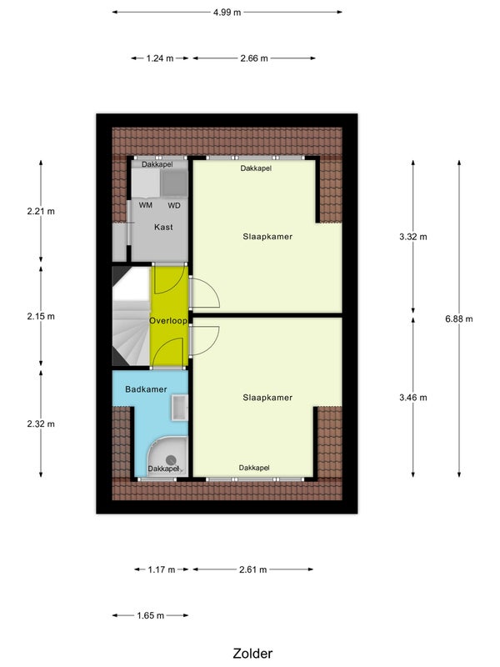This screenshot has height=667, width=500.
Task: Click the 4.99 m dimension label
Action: [227, 13]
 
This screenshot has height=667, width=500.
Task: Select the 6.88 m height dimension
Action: [459, 318]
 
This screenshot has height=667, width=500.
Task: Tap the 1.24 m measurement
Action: [160, 58]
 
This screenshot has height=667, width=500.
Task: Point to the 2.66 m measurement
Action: [254, 58]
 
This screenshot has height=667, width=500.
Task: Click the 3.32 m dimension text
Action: [412, 237]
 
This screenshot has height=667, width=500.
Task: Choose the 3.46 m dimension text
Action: [412, 398]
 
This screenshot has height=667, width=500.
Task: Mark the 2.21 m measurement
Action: [41, 212]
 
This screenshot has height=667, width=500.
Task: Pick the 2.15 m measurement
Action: [41, 317]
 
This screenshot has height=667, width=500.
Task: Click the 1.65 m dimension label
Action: [151, 615]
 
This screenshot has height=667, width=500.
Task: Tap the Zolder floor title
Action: [252, 654]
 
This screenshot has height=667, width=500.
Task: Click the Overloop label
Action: [168, 321]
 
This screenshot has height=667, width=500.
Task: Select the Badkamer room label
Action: [146, 389]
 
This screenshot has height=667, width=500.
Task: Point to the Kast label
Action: [163, 227]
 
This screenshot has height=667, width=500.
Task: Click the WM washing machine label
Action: [145, 205]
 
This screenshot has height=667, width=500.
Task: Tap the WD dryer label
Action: [174, 205]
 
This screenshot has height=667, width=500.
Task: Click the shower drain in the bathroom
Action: [171, 459]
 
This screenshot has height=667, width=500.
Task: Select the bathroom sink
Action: [180, 408]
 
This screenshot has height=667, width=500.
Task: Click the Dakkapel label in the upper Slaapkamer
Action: [256, 168]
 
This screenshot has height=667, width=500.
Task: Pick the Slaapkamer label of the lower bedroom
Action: [267, 398]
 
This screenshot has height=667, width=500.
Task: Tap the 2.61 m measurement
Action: [253, 569]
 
